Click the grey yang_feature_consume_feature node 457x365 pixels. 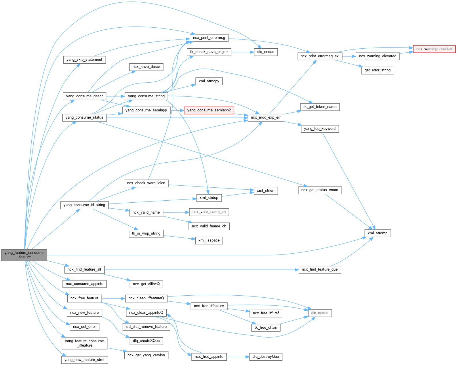pos(24,255)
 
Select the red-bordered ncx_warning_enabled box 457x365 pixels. pos(434,49)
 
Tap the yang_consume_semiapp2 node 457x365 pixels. pos(209,110)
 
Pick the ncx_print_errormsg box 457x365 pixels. pos(209,38)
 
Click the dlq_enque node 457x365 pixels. pos(266,52)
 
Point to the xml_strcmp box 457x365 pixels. pos(378,233)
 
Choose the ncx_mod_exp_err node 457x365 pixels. pos(266,117)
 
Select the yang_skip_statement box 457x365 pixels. pos(84,60)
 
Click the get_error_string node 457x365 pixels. pos(378,70)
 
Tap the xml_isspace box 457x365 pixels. pos(209,240)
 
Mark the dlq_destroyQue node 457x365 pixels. pos(266,357)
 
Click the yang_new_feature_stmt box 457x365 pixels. pos(84,360)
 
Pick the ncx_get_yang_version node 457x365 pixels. pos(146,355)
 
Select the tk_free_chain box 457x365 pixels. pos(266,328)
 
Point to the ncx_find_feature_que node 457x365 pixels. pos(320,269)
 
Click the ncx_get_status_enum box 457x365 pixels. pos(320,190)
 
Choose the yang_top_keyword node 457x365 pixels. pos(320,129)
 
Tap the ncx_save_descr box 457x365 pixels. pos(146,67)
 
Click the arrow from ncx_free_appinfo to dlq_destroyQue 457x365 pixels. pos(238,357)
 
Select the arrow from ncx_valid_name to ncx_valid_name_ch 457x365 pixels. pos(176,212)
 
